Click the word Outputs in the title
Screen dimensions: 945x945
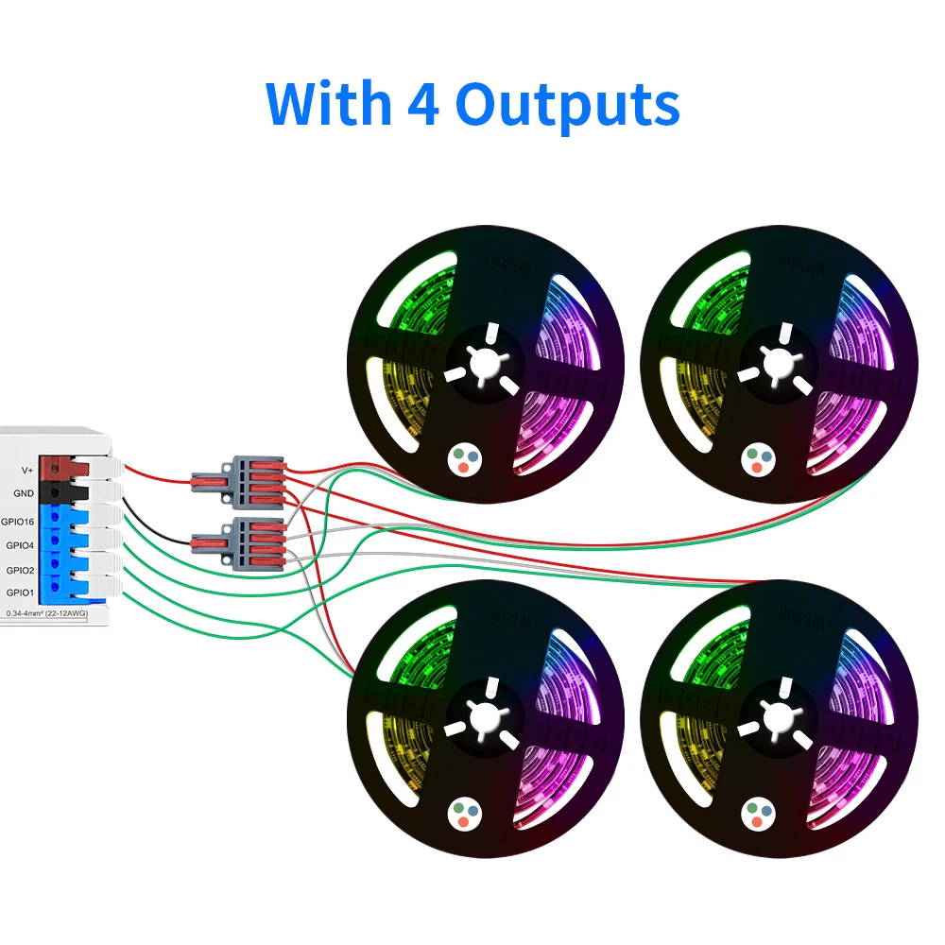coord(567,104)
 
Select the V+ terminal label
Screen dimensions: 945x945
coord(27,469)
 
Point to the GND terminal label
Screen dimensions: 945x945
coord(24,493)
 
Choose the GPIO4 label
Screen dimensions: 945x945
coord(21,545)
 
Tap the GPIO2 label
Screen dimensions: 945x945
coord(21,570)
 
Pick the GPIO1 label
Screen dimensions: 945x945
coord(21,593)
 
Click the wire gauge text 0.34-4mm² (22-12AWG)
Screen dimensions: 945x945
coord(48,614)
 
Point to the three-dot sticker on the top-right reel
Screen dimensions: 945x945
coord(758,459)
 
